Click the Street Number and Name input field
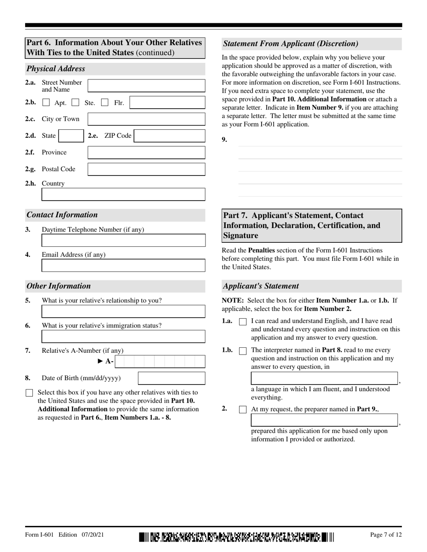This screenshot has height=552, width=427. pyautogui.click(x=146, y=86)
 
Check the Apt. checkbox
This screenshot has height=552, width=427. pyautogui.click(x=46, y=103)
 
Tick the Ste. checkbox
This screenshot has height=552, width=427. pyautogui.click(x=76, y=103)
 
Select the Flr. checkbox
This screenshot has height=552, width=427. pyautogui.click(x=105, y=103)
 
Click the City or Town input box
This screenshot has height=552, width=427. pyautogui.click(x=146, y=119)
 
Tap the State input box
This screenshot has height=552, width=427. pyautogui.click(x=71, y=136)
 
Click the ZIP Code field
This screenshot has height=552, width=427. pyautogui.click(x=169, y=136)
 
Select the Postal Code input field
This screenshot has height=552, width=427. pyautogui.click(x=146, y=169)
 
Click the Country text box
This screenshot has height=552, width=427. pyautogui.click(x=123, y=194)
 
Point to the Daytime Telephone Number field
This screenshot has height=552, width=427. pyautogui.click(x=123, y=241)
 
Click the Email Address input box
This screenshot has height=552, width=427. pyautogui.click(x=123, y=266)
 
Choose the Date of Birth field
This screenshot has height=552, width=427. pyautogui.click(x=171, y=378)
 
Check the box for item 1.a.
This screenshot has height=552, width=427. pyautogui.click(x=243, y=322)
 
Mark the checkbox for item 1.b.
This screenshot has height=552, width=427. pyautogui.click(x=243, y=351)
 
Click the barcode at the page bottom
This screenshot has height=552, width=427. pyautogui.click(x=237, y=536)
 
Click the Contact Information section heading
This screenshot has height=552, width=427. pyautogui.click(x=62, y=215)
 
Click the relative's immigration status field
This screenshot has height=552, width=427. pyautogui.click(x=123, y=337)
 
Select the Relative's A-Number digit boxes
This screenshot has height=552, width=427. pyautogui.click(x=160, y=362)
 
